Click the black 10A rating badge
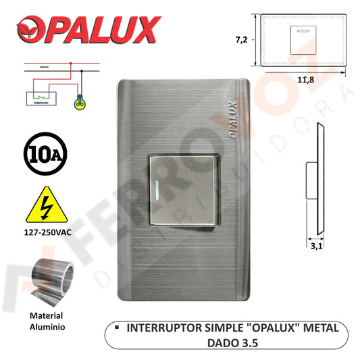point(44,153)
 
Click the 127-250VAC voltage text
point(46,237)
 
